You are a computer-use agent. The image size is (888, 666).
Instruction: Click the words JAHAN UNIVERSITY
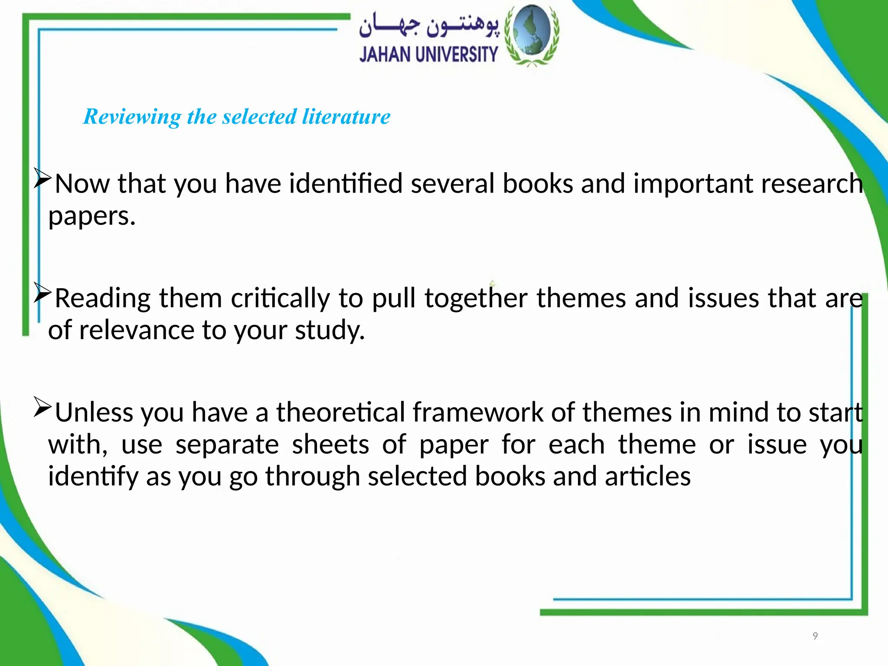pos(428,55)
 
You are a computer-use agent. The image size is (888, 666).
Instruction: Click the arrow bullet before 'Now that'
pos(42,178)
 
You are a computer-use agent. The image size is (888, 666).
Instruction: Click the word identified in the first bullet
pos(346,183)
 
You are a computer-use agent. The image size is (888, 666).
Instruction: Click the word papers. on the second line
pos(92,216)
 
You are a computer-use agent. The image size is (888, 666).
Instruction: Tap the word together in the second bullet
pos(476,298)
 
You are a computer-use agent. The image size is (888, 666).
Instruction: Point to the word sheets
pos(330,444)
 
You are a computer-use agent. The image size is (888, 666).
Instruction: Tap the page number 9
pos(815,636)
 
